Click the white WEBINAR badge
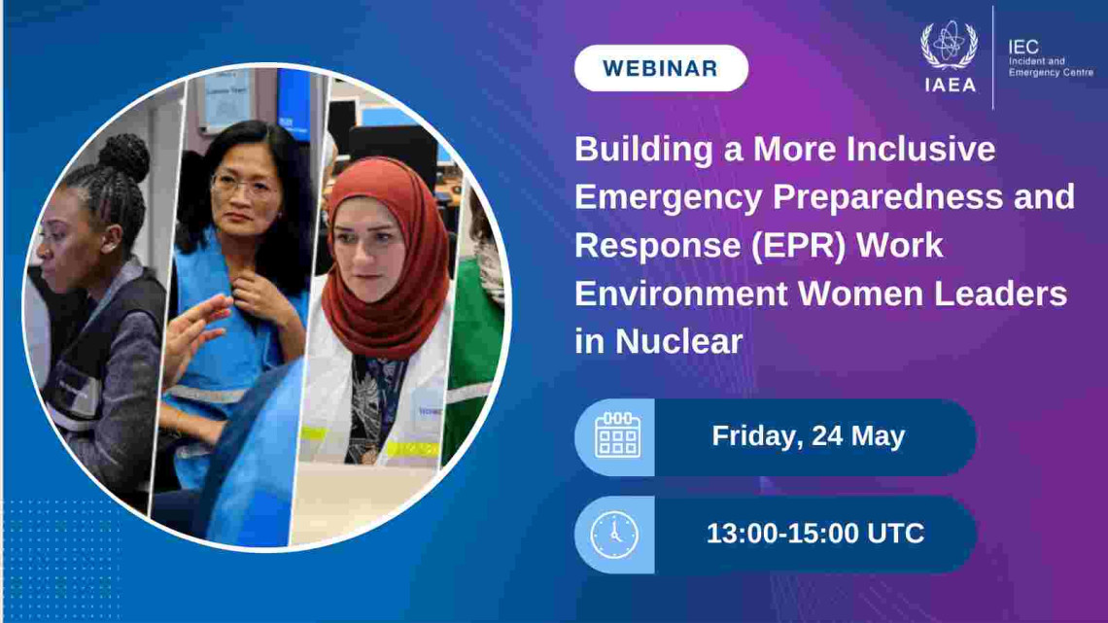pyautogui.click(x=661, y=68)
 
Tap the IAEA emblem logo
pyautogui.click(x=949, y=45)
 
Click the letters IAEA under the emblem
pyautogui.click(x=950, y=85)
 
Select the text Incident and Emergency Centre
pyautogui.click(x=1051, y=66)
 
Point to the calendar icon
pyautogui.click(x=617, y=435)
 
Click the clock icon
pyautogui.click(x=614, y=535)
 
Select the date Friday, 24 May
pyautogui.click(x=808, y=435)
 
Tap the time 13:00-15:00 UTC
pyautogui.click(x=814, y=534)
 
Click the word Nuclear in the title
pyautogui.click(x=678, y=342)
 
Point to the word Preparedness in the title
pyautogui.click(x=887, y=197)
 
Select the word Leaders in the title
pyautogui.click(x=1000, y=294)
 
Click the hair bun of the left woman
pyautogui.click(x=124, y=156)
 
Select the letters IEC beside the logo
pyautogui.click(x=1023, y=48)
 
